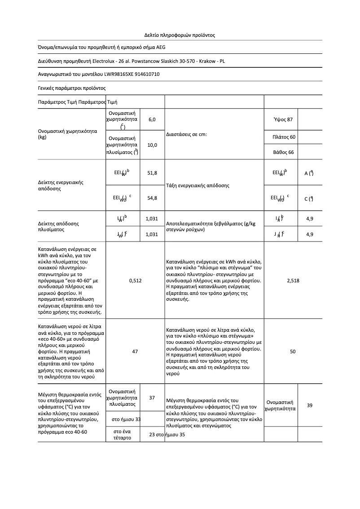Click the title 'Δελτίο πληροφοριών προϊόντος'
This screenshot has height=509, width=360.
pyautogui.click(x=180, y=35)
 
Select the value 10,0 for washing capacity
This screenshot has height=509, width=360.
pyautogui.click(x=152, y=145)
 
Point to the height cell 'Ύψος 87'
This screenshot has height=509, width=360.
pyautogui.click(x=283, y=120)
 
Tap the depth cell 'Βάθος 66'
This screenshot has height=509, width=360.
pyautogui.click(x=283, y=152)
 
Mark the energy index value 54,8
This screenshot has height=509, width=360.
pyautogui.click(x=152, y=198)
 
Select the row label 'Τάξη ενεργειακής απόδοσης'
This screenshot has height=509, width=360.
pyautogui.click(x=198, y=185)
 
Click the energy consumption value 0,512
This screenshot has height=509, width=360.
pyautogui.click(x=135, y=281)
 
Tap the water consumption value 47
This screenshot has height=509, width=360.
pyautogui.click(x=135, y=351)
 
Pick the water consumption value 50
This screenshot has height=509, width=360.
pyautogui.click(x=293, y=351)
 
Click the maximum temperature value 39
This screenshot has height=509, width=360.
pyautogui.click(x=310, y=405)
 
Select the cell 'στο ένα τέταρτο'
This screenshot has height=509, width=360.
pyautogui.click(x=123, y=434)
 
